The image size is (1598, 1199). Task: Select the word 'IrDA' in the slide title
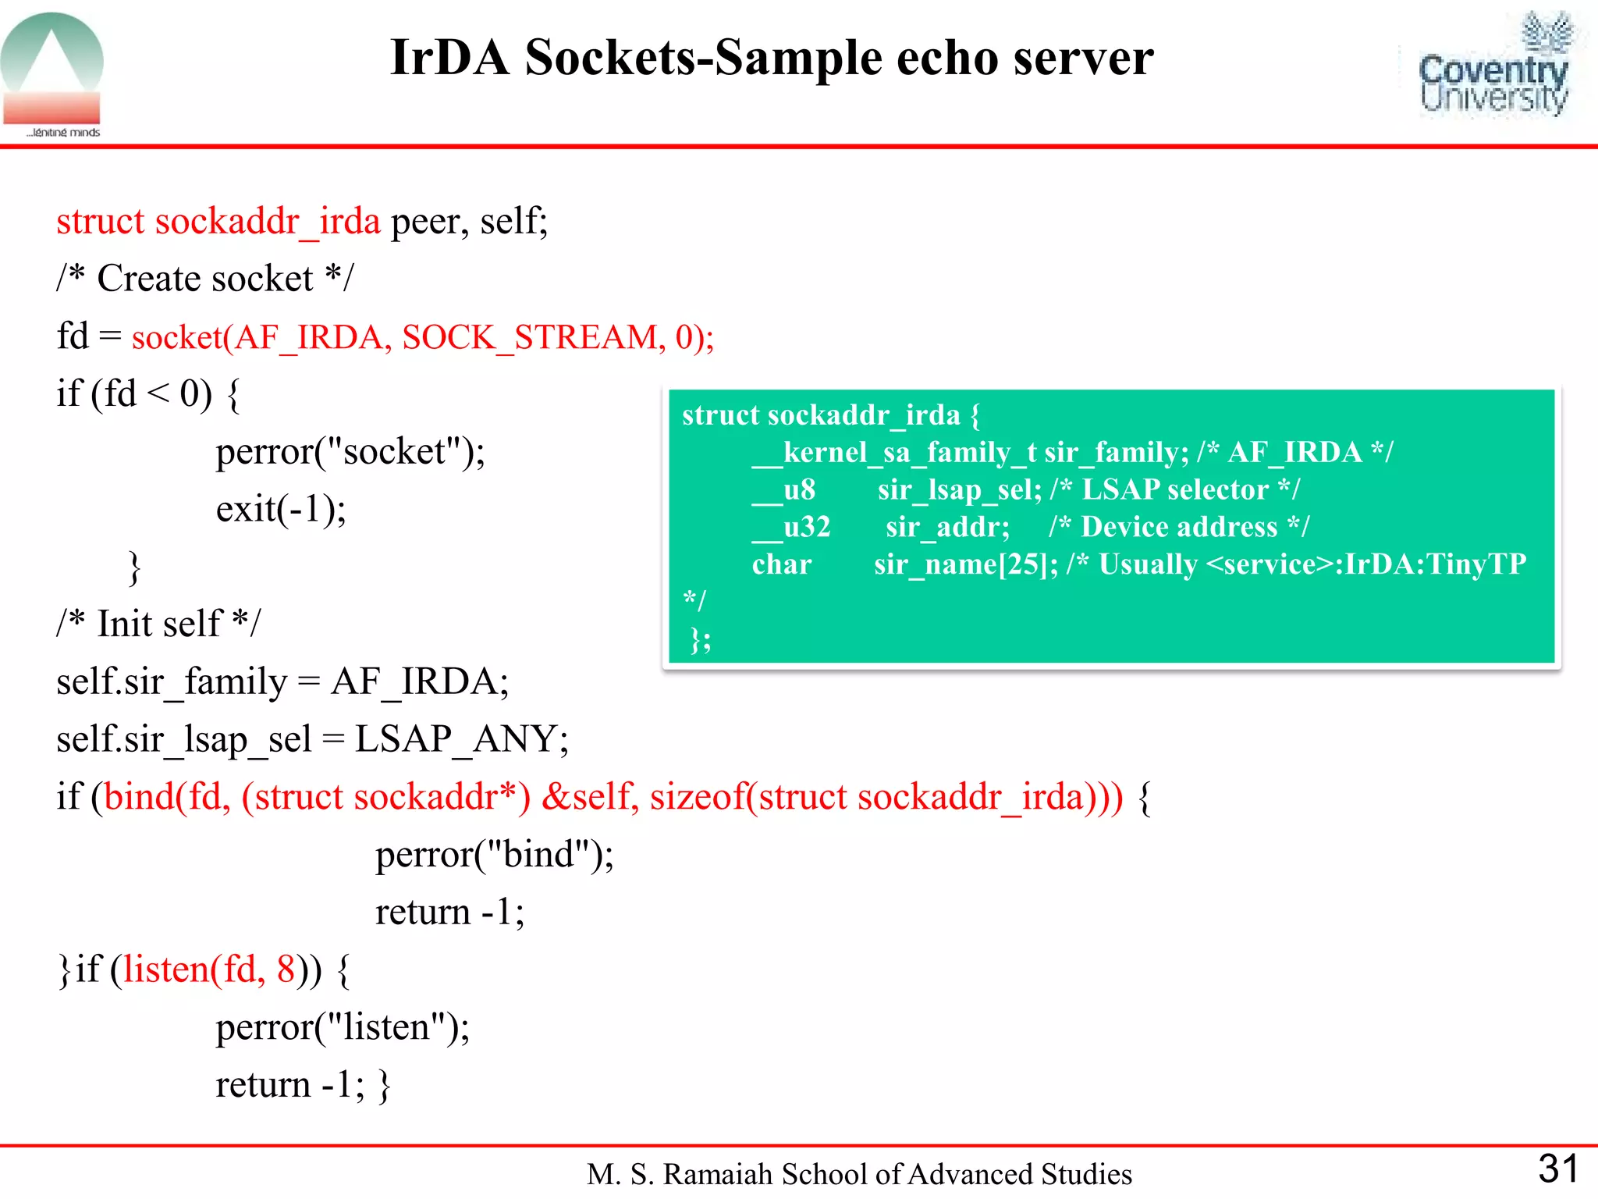pos(449,58)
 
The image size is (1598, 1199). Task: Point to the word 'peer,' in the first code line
pos(429,222)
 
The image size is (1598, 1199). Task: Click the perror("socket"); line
pos(350,452)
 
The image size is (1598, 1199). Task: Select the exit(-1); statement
pos(281,510)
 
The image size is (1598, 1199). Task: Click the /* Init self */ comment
pos(158,624)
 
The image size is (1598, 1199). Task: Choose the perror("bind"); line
pos(494,855)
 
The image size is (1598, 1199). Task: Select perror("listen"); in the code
pos(343,1027)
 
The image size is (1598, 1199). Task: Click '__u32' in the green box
pos(791,527)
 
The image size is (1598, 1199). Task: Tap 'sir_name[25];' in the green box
pos(965,564)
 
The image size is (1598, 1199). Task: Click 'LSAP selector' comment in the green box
pos(1175,489)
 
